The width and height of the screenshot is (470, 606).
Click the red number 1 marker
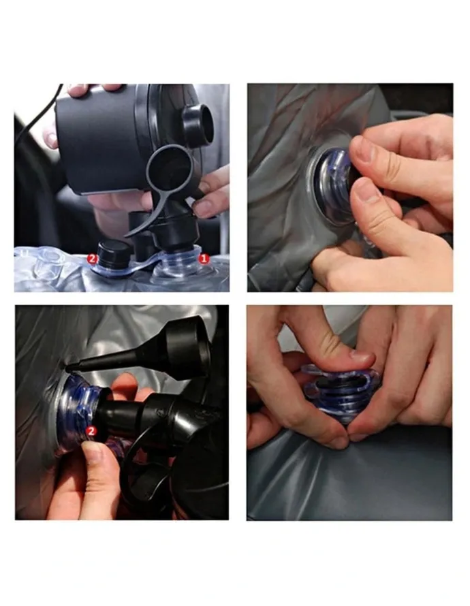pyautogui.click(x=203, y=259)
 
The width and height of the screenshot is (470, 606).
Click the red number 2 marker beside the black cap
pyautogui.click(x=92, y=259)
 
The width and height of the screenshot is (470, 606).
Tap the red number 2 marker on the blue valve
pyautogui.click(x=91, y=431)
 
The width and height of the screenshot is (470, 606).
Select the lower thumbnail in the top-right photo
pyautogui.click(x=364, y=191)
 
